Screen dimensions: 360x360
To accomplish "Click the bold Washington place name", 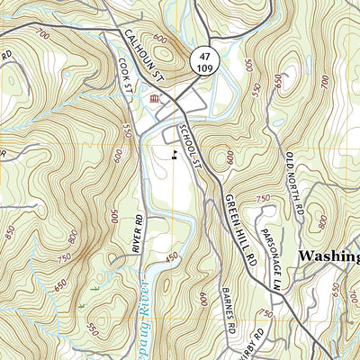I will (328, 256).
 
